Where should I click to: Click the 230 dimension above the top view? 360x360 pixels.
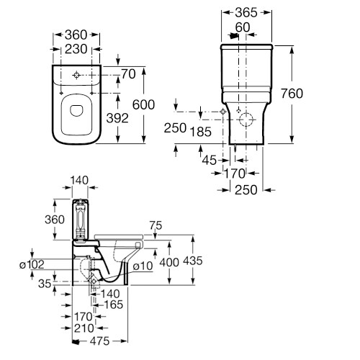tap(76, 49)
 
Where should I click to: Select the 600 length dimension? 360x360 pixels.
tap(143, 104)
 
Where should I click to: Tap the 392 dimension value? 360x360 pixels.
tap(117, 118)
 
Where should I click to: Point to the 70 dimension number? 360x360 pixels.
tap(129, 74)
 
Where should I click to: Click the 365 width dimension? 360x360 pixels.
tap(246, 12)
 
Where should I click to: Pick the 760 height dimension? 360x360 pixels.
tap(292, 94)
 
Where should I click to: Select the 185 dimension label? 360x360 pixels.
tap(201, 132)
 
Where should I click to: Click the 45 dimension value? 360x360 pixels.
tap(210, 160)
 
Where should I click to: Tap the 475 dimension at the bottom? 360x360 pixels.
tap(100, 341)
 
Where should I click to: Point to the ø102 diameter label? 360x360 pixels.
tap(32, 264)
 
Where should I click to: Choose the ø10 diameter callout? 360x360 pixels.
tap(143, 266)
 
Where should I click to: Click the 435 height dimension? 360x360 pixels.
tap(193, 261)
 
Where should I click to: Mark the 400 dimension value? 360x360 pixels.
tap(169, 263)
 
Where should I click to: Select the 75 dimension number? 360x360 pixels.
tap(156, 225)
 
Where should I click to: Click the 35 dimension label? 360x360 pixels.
tap(45, 284)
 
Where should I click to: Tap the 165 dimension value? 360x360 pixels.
tap(113, 305)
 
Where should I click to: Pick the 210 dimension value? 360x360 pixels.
tap(84, 328)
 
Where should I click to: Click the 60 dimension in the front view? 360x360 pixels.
tap(243, 27)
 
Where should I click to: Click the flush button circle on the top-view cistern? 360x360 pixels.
tap(76, 75)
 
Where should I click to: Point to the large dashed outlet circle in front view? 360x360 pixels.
tap(246, 120)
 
